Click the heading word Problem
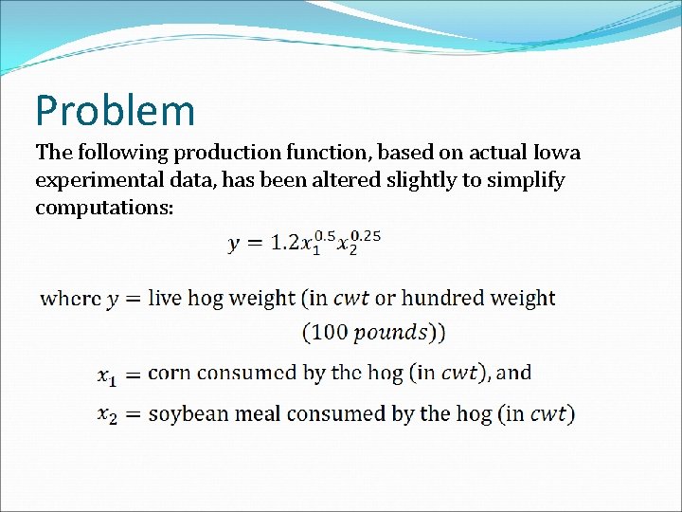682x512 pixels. click(115, 111)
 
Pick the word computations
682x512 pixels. click(103, 207)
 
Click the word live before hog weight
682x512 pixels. click(165, 298)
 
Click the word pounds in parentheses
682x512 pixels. click(390, 332)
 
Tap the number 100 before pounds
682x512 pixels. click(329, 332)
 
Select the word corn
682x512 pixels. click(169, 373)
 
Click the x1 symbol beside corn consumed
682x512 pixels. click(107, 376)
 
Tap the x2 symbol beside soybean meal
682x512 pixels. click(107, 416)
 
